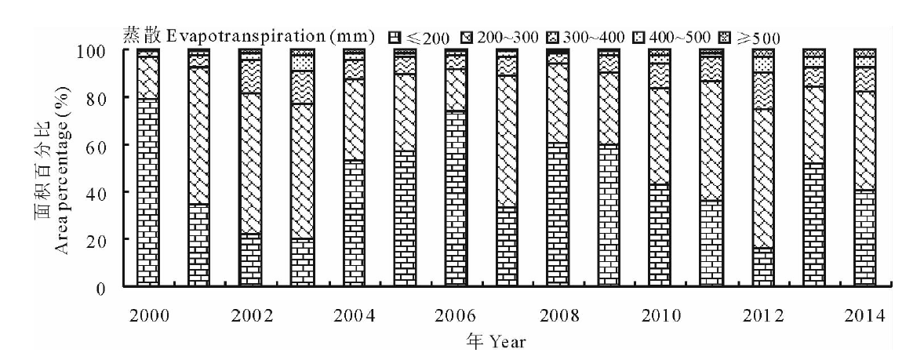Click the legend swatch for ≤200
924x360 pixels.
pos(395,35)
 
